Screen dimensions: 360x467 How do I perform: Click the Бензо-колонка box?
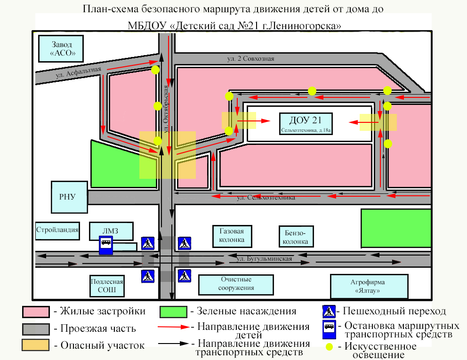click(x=296, y=237)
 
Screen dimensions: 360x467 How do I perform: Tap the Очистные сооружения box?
click(x=236, y=284)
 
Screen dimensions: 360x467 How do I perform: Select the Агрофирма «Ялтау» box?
click(x=369, y=286)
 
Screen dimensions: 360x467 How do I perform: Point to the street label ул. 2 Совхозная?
click(x=250, y=59)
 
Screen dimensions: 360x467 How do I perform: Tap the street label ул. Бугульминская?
click(x=264, y=259)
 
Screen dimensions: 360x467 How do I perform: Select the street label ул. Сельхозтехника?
click(x=266, y=198)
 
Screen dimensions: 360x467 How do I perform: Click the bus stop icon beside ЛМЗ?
click(x=105, y=246)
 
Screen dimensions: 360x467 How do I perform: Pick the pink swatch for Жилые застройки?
click(x=35, y=312)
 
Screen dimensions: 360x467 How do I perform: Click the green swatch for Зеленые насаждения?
click(x=173, y=312)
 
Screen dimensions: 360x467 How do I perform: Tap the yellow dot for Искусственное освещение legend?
click(x=330, y=347)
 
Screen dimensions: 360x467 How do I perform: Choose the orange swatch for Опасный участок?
click(x=35, y=345)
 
